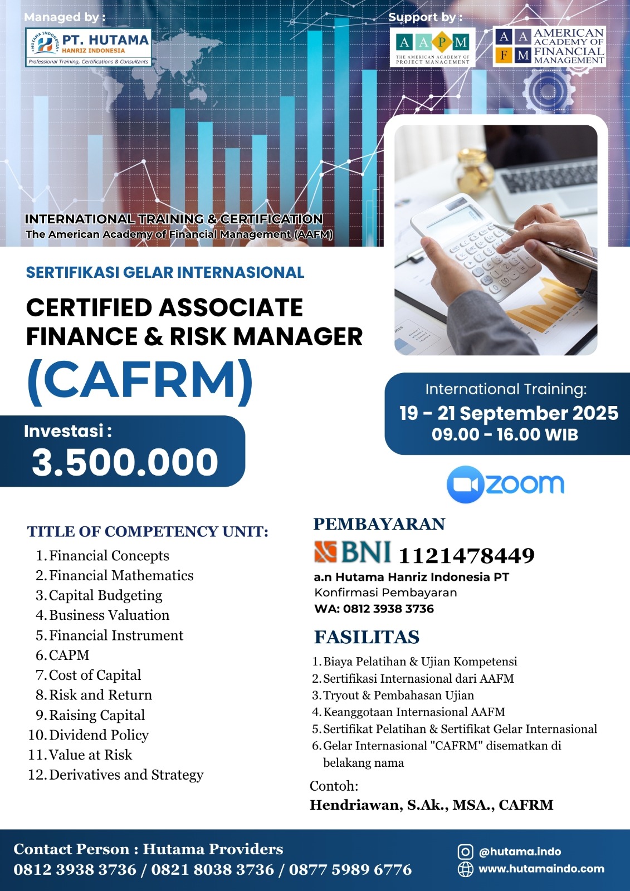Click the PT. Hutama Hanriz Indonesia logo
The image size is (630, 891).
88,48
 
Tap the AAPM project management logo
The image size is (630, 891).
432,47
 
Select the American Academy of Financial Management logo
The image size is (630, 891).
549,47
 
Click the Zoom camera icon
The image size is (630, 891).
464,484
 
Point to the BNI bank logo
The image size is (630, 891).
353,552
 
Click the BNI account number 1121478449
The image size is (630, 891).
466,555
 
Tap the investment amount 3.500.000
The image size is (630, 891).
125,462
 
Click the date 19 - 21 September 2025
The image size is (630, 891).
508,413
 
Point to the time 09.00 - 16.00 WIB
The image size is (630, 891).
505,434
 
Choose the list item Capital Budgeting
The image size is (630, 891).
105,595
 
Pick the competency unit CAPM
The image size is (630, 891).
69,655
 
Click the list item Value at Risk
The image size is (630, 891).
90,755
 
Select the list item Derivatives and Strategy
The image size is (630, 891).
126,775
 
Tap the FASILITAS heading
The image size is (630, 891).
367,637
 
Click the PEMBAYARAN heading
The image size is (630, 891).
379,524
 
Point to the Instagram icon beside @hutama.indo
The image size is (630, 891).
465,851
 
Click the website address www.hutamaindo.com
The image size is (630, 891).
541,868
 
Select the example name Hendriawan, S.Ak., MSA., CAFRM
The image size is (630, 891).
431,805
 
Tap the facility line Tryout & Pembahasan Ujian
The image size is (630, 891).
398,695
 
